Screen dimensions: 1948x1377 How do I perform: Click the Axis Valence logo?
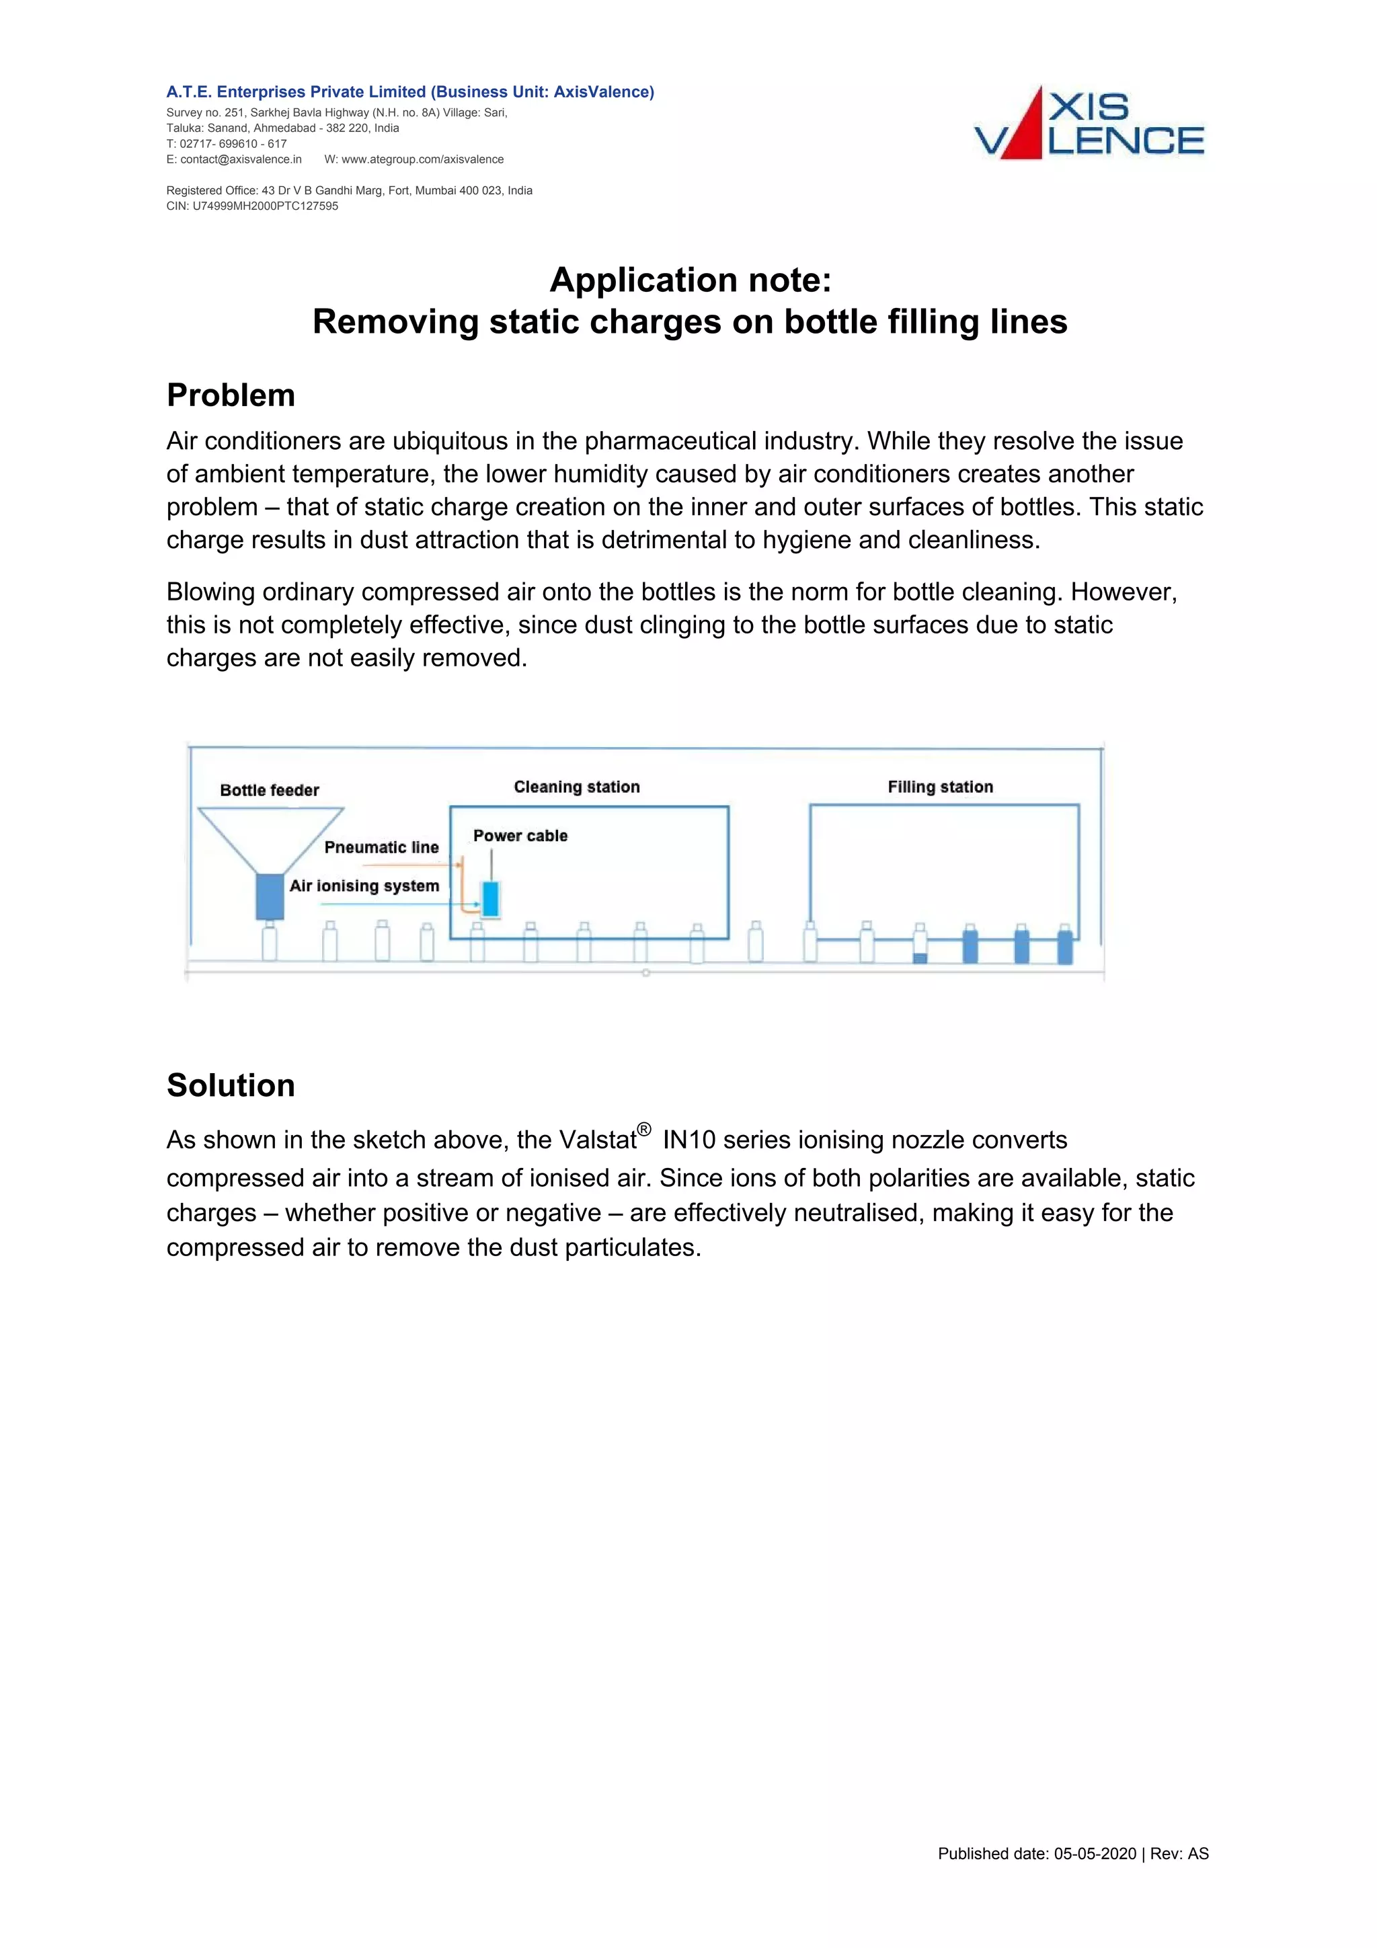pos(1089,124)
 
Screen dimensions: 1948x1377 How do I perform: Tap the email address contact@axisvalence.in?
pos(240,159)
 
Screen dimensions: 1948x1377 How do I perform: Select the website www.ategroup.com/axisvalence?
pos(422,159)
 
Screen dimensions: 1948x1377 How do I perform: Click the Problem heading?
pos(231,395)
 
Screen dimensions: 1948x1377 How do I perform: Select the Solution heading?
pos(231,1085)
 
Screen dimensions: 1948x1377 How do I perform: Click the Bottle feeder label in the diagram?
pos(269,791)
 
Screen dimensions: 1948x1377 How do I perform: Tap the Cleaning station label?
pos(577,787)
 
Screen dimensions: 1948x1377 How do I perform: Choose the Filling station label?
pos(940,787)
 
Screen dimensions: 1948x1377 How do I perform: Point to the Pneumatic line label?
pos(381,847)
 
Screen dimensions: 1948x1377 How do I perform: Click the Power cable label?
pos(520,836)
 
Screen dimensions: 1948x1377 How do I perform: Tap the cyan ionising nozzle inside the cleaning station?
pos(490,899)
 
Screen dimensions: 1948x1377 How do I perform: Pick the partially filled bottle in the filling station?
pos(920,947)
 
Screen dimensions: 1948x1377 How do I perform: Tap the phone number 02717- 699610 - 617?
pos(233,144)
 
